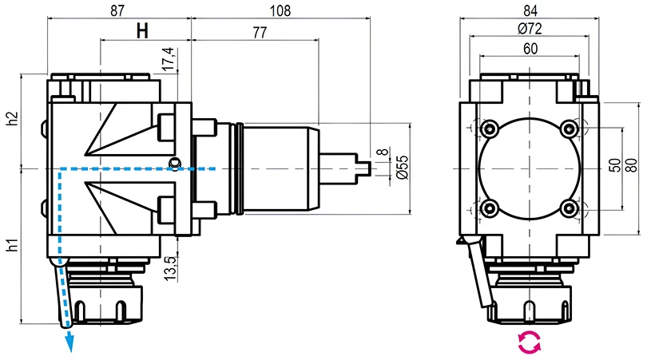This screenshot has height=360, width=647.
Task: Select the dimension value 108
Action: pyautogui.click(x=281, y=10)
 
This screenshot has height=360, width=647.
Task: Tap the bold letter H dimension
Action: pyautogui.click(x=142, y=32)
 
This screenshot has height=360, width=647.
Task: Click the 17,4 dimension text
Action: pyautogui.click(x=168, y=60)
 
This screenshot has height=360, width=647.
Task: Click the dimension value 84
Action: pyautogui.click(x=529, y=10)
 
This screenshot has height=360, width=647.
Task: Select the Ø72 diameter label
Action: pyautogui.click(x=529, y=29)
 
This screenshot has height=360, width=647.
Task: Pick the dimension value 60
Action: pyautogui.click(x=529, y=49)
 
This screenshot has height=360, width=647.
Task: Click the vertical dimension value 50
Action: pyautogui.click(x=613, y=168)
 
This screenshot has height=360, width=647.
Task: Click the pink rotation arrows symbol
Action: pyautogui.click(x=529, y=342)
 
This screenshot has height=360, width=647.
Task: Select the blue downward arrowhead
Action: pyautogui.click(x=69, y=344)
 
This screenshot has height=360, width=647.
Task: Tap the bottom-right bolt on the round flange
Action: pyautogui.click(x=569, y=208)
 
